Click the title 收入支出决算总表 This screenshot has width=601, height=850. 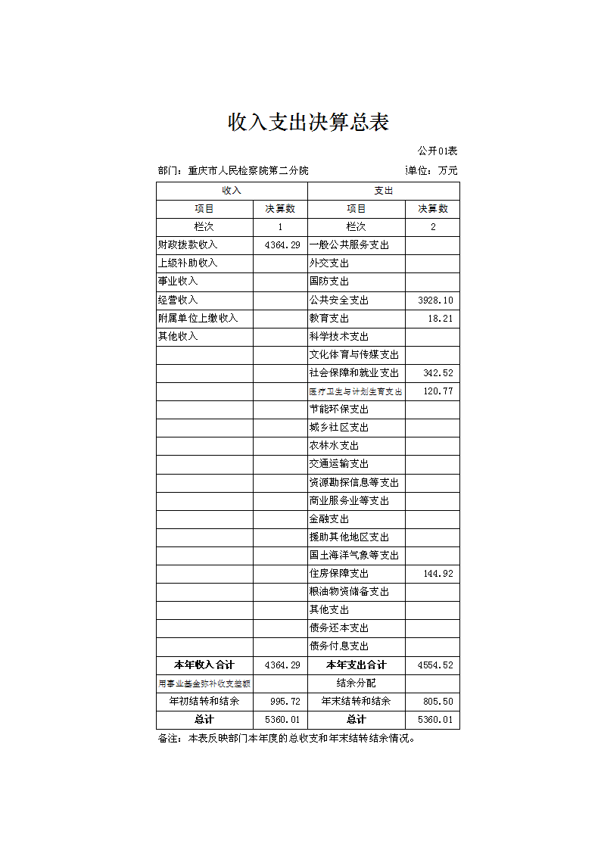[x=308, y=122]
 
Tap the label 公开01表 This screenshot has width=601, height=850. [x=438, y=151]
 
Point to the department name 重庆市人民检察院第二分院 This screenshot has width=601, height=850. [x=248, y=171]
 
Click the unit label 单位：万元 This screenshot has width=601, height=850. [x=432, y=171]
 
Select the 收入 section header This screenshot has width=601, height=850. [x=232, y=191]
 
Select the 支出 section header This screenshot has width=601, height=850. [x=384, y=191]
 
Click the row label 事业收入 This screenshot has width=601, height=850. [x=178, y=282]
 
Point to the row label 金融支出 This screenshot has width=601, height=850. [x=329, y=519]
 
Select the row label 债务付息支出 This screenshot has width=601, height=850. [x=339, y=646]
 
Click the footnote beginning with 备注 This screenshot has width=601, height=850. [x=287, y=739]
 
